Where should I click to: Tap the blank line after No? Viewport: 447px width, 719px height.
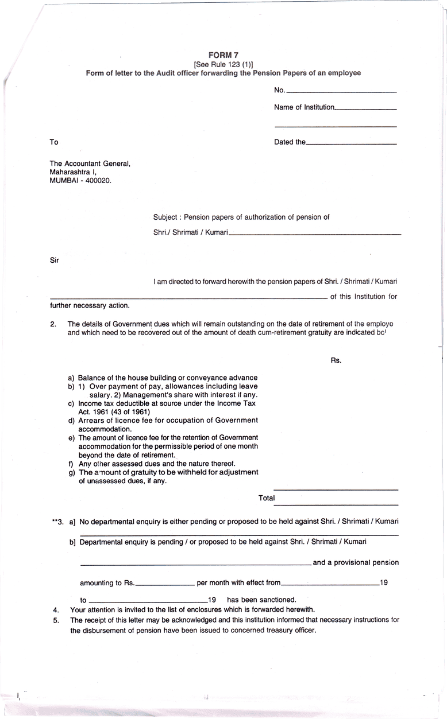click(x=341, y=91)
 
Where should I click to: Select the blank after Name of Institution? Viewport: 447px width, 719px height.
click(x=365, y=108)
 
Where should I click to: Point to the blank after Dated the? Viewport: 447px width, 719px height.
click(x=351, y=143)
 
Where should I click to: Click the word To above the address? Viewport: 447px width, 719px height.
click(x=54, y=142)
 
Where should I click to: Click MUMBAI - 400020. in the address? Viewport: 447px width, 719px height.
click(x=80, y=180)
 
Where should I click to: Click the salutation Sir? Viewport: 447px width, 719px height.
click(x=55, y=260)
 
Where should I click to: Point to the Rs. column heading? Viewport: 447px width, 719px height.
click(x=336, y=360)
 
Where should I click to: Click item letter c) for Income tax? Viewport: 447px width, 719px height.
click(x=71, y=403)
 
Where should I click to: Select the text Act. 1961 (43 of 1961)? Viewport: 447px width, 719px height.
click(x=114, y=411)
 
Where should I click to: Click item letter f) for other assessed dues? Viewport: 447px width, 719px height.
click(x=71, y=463)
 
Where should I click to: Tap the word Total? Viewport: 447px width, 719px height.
click(x=267, y=498)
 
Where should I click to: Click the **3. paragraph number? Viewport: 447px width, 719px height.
click(x=58, y=522)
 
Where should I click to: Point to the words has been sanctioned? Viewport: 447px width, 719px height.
click(x=261, y=599)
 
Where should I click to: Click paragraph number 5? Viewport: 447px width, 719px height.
click(x=56, y=620)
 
